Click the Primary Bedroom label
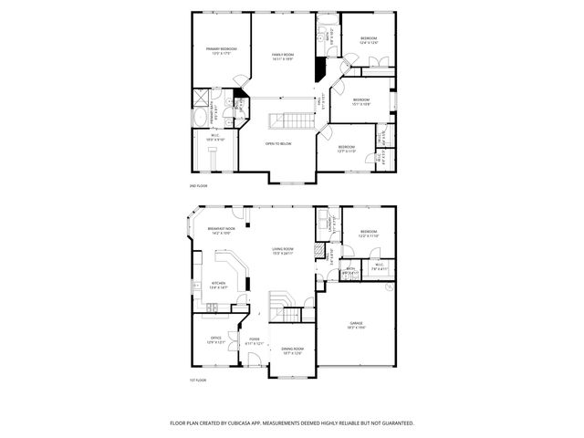click(221, 50)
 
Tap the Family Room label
click(283, 57)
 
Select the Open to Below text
click(278, 143)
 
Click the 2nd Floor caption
click(199, 185)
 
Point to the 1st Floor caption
click(199, 380)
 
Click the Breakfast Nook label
click(222, 230)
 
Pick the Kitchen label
click(219, 285)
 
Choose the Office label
click(216, 339)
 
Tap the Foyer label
click(255, 340)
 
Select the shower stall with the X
click(201, 97)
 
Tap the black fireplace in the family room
click(319, 69)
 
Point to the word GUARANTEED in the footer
click(396, 423)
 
